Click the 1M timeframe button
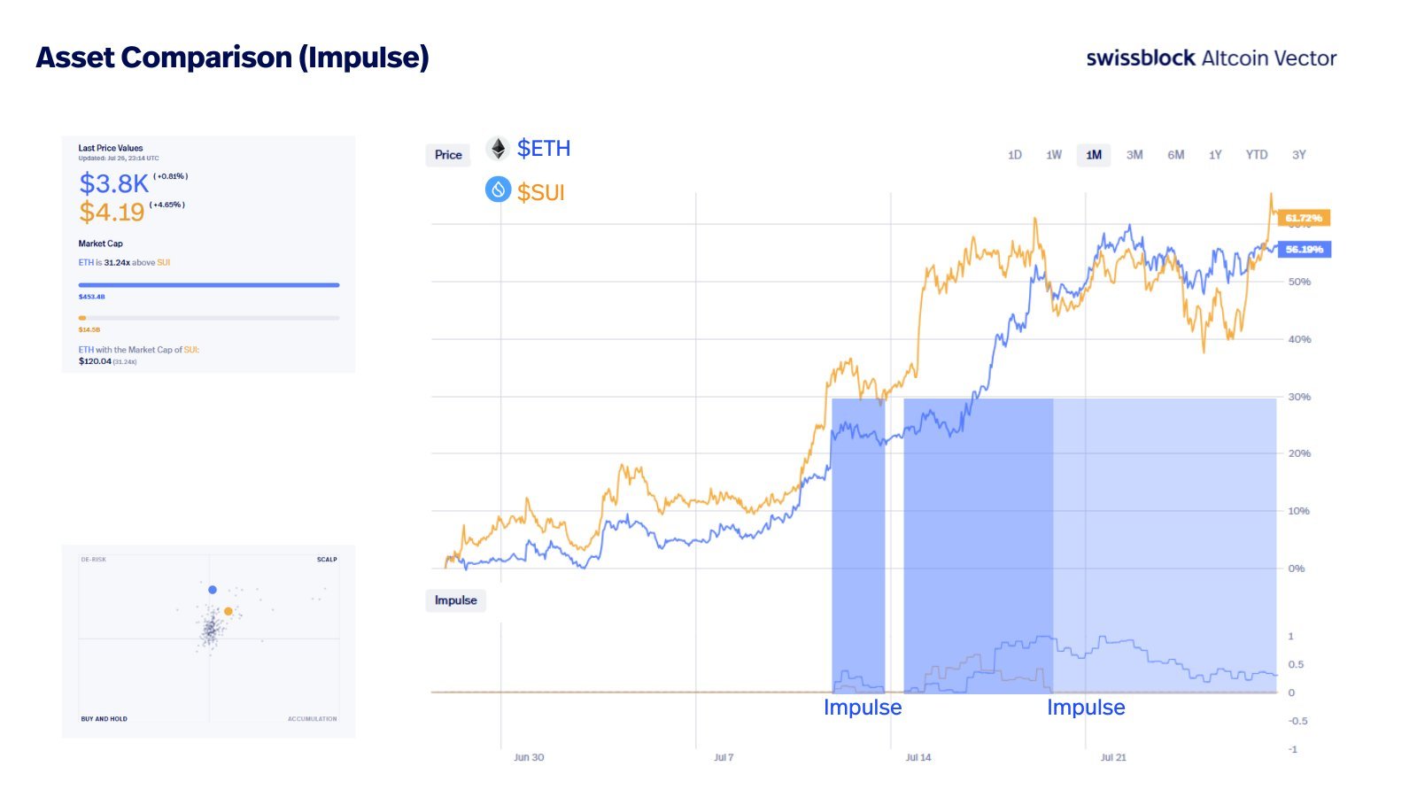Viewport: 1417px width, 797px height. click(x=1094, y=155)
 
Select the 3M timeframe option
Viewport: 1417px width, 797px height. click(x=1134, y=155)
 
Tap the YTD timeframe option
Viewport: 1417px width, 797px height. click(x=1256, y=155)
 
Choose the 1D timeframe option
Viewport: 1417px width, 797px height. click(x=1015, y=155)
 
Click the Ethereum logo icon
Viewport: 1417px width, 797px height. click(x=499, y=149)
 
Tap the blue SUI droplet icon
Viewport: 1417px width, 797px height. click(x=499, y=190)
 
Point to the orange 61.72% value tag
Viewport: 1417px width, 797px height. click(x=1304, y=218)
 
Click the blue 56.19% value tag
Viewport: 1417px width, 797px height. click(x=1304, y=250)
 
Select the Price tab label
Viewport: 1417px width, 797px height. click(x=448, y=155)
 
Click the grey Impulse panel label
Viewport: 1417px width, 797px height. click(x=455, y=600)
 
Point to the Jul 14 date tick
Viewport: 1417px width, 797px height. click(x=918, y=757)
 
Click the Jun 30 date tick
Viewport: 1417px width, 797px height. click(x=529, y=757)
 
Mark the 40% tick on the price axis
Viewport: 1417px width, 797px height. click(x=1299, y=339)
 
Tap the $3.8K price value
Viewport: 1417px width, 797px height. click(x=114, y=183)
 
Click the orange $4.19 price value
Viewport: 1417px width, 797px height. click(x=112, y=213)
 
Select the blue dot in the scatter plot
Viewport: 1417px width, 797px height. click(x=213, y=590)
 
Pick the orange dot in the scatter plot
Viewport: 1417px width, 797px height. click(x=228, y=611)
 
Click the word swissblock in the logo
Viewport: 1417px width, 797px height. click(x=1141, y=58)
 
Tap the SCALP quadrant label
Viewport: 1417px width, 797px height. click(x=327, y=560)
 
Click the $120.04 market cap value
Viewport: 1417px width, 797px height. click(x=95, y=361)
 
